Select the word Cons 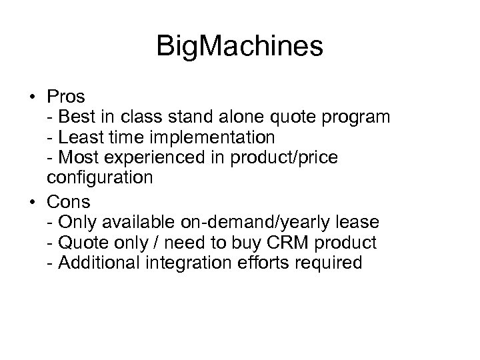click(69, 200)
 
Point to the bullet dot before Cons click(33, 200)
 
